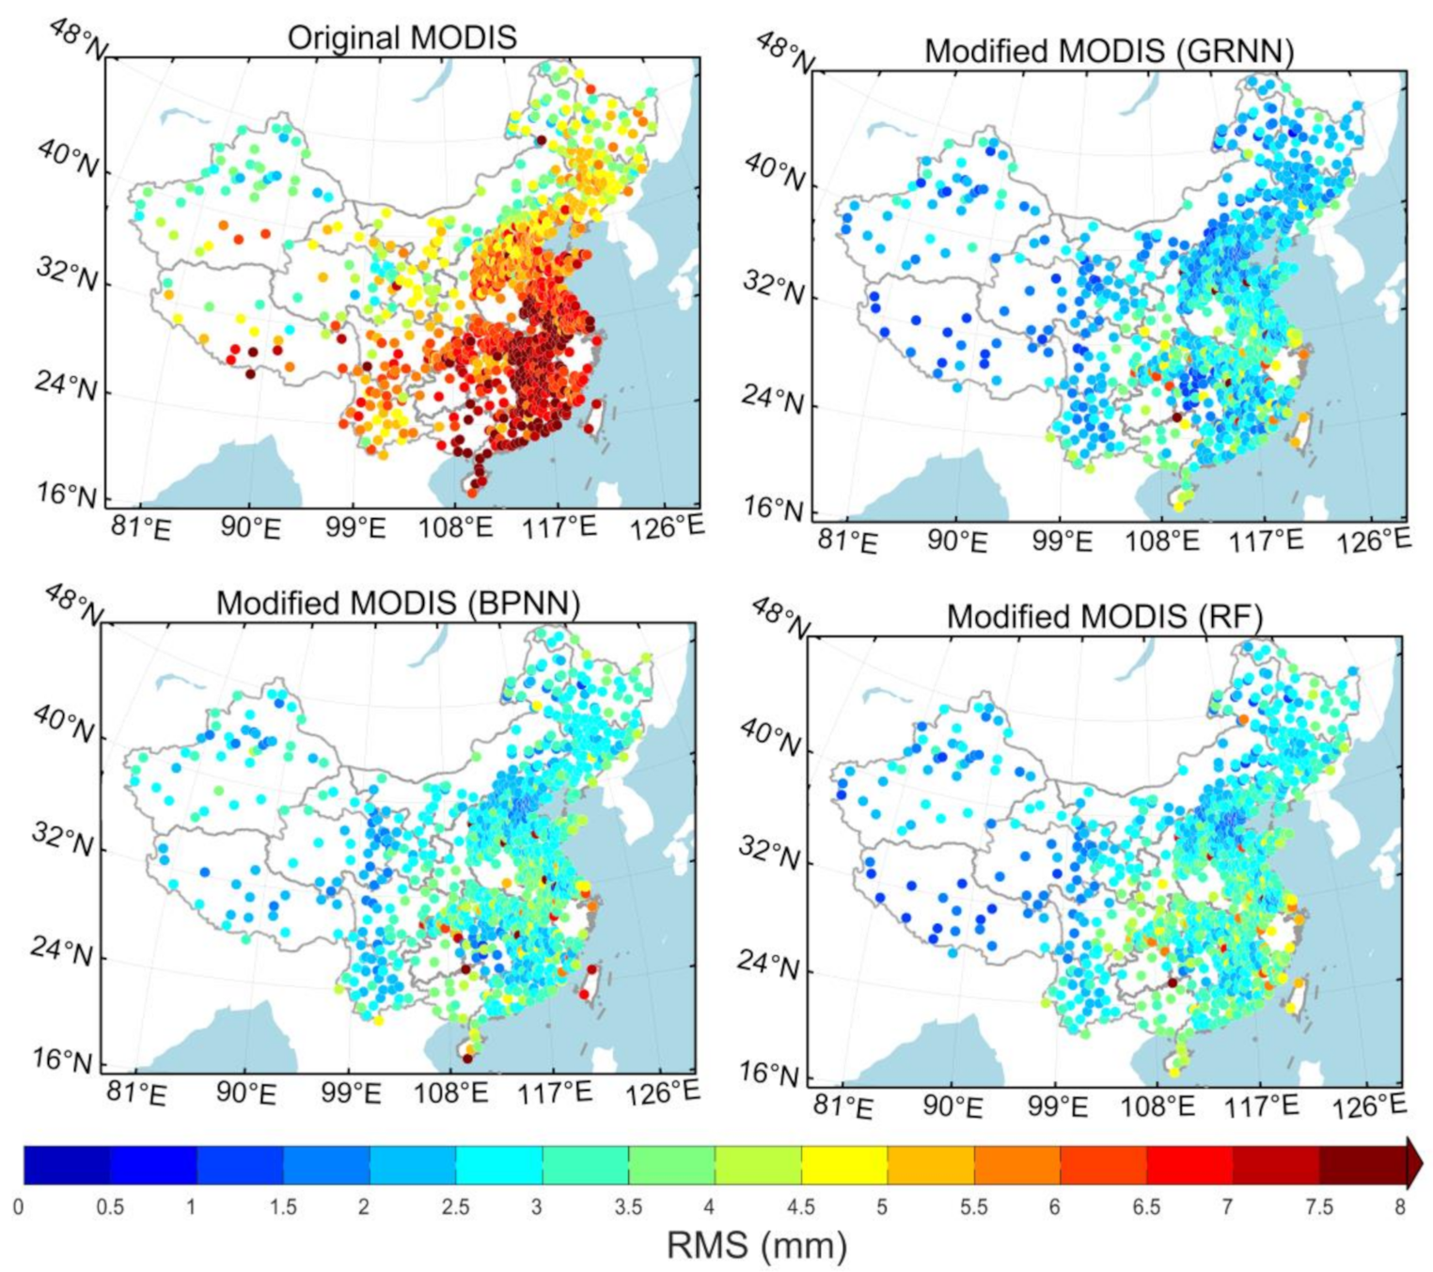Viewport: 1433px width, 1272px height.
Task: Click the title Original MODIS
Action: pos(402,38)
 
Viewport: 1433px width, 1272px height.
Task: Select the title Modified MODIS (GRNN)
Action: pos(1109,51)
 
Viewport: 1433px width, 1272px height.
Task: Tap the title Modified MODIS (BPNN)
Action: pos(398,603)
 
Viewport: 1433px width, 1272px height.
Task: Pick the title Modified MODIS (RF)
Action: pos(1104,617)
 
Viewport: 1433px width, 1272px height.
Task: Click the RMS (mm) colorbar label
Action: pos(757,1246)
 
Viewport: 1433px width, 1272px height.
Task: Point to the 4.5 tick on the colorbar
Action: pos(800,1206)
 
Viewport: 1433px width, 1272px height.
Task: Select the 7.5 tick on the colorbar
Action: pos(1318,1206)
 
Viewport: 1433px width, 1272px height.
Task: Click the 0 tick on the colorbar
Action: pos(19,1206)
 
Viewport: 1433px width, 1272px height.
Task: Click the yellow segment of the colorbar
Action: pos(843,1165)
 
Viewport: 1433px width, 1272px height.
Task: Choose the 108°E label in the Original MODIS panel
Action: pos(455,526)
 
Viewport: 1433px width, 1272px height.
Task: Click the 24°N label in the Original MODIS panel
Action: pos(67,385)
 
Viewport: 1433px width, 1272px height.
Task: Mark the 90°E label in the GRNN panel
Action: pos(957,542)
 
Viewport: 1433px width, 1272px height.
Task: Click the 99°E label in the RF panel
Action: pos(1059,1106)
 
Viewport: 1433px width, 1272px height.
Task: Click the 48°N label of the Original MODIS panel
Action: pos(77,39)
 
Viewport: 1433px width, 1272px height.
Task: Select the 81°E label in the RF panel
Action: pos(844,1107)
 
